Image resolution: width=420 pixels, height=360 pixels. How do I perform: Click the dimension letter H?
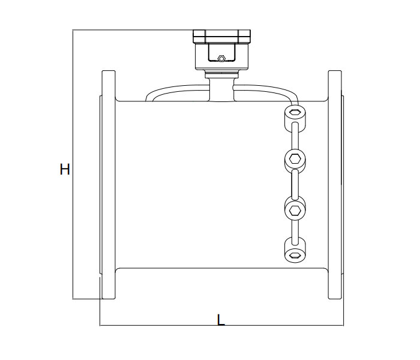[65, 170]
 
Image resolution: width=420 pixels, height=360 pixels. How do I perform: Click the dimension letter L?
[221, 320]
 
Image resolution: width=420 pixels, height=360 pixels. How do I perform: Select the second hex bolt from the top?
[295, 160]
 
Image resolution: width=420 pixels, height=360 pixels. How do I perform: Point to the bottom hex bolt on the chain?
[295, 255]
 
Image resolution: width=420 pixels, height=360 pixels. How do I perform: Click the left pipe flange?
[108, 184]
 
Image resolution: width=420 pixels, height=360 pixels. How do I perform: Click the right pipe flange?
[334, 184]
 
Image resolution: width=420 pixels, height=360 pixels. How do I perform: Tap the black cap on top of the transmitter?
[221, 36]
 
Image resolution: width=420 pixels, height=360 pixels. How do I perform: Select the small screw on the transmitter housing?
[221, 59]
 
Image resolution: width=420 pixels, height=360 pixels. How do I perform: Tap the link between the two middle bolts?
[295, 184]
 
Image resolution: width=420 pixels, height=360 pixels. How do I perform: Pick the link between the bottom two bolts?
[295, 233]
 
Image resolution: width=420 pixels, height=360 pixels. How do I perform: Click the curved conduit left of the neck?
[174, 90]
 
